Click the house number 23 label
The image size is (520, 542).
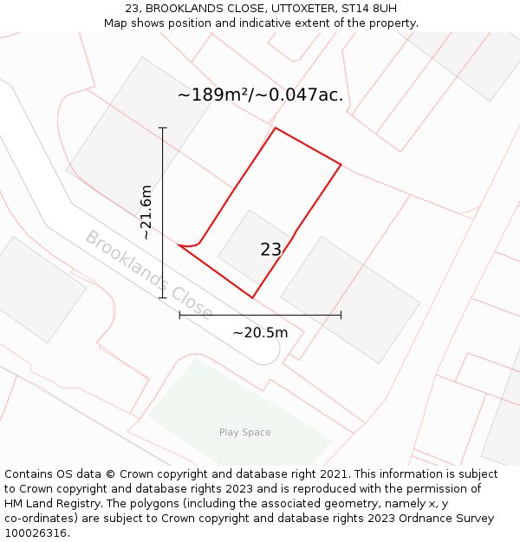[270, 250]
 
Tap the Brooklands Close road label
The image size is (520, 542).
[148, 274]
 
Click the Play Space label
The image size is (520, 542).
[244, 432]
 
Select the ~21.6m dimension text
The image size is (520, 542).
[146, 212]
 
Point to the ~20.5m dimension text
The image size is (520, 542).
[260, 332]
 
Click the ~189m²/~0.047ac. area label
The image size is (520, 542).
[260, 95]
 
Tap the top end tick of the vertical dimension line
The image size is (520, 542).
[163, 128]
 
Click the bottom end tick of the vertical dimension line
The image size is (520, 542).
[163, 298]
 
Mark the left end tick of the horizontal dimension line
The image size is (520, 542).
[179, 315]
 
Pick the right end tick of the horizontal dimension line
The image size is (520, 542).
[341, 315]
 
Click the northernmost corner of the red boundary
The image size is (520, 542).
[276, 128]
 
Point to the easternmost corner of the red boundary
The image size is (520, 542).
[341, 165]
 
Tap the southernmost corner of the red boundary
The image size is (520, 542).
[252, 297]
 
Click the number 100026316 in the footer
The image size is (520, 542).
[36, 533]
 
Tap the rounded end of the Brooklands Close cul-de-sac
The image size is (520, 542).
[273, 351]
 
